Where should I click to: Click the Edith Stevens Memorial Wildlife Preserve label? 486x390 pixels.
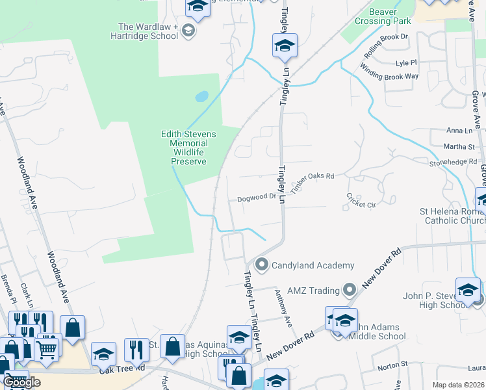(x=185, y=148)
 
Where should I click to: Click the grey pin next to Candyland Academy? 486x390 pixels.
(x=262, y=264)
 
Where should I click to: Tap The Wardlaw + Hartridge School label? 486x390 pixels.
(x=148, y=31)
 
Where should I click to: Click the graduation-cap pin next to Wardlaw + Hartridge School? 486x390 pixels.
(x=188, y=31)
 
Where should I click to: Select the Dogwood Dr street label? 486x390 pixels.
(x=257, y=198)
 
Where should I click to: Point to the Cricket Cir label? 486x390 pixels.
(x=361, y=200)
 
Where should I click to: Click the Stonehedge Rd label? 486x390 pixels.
(x=453, y=163)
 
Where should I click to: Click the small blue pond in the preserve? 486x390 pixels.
(x=201, y=97)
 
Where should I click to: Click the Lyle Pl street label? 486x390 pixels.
(x=405, y=63)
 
